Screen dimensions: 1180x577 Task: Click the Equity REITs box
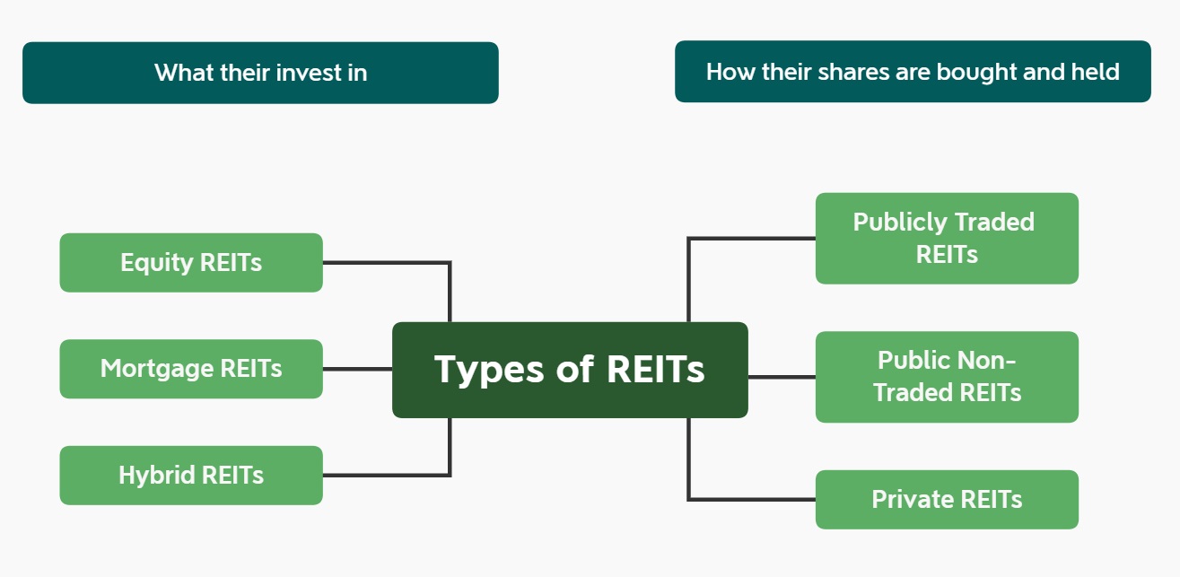(191, 262)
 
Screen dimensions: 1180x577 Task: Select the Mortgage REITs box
(191, 369)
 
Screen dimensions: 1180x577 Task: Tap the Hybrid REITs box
(191, 476)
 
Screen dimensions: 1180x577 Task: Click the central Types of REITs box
(570, 370)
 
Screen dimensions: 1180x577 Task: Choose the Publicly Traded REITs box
(947, 238)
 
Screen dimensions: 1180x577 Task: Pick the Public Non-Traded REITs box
(947, 377)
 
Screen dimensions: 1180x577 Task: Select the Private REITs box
(947, 500)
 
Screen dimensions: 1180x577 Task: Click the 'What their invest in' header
(260, 73)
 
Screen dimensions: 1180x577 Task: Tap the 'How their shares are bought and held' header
(913, 72)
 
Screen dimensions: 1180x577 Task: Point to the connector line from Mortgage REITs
(358, 369)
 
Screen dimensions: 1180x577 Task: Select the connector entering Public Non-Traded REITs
(782, 377)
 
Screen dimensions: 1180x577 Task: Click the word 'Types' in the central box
(489, 370)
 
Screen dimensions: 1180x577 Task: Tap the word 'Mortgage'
(157, 370)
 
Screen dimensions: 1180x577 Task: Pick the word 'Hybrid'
(156, 475)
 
